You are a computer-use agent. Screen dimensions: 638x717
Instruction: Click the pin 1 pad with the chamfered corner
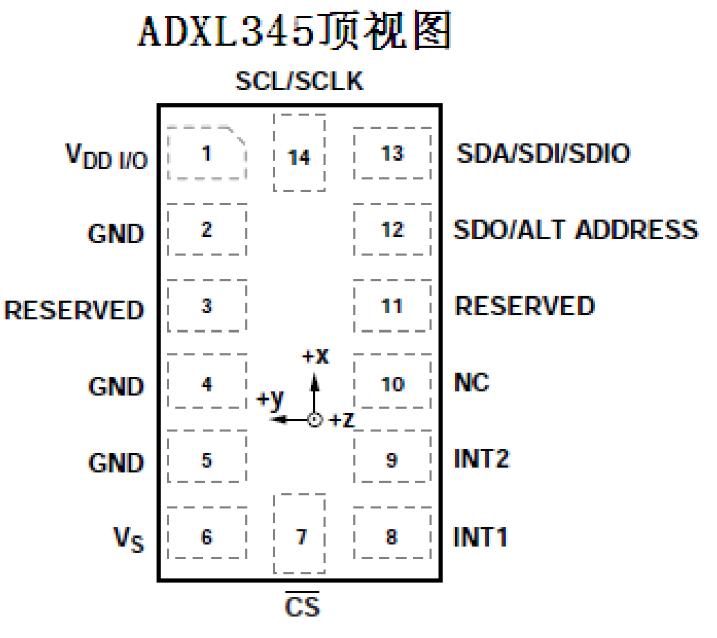[206, 153]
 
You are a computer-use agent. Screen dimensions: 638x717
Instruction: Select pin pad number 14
[299, 154]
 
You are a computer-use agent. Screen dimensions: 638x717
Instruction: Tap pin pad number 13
[392, 153]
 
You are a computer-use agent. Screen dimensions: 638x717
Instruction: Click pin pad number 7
[299, 534]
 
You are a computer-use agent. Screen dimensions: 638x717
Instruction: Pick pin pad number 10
[392, 382]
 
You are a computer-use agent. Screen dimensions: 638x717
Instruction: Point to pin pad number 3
[206, 306]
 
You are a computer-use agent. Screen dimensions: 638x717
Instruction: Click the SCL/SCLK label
[299, 82]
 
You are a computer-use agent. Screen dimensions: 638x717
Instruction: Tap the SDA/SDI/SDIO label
[543, 153]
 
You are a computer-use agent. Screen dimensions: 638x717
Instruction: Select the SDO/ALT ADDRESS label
[575, 229]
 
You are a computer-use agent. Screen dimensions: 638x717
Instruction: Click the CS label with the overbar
[303, 606]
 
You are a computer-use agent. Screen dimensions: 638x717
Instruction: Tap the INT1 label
[481, 536]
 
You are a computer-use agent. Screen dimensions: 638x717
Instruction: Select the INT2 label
[482, 459]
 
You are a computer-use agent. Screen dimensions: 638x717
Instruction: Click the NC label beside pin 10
[472, 382]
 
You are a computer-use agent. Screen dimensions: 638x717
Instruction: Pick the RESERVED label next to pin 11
[524, 306]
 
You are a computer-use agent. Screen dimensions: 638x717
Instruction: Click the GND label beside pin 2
[116, 233]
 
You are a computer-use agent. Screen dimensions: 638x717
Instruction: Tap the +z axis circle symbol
[315, 420]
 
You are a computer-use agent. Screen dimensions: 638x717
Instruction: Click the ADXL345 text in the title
[232, 31]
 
